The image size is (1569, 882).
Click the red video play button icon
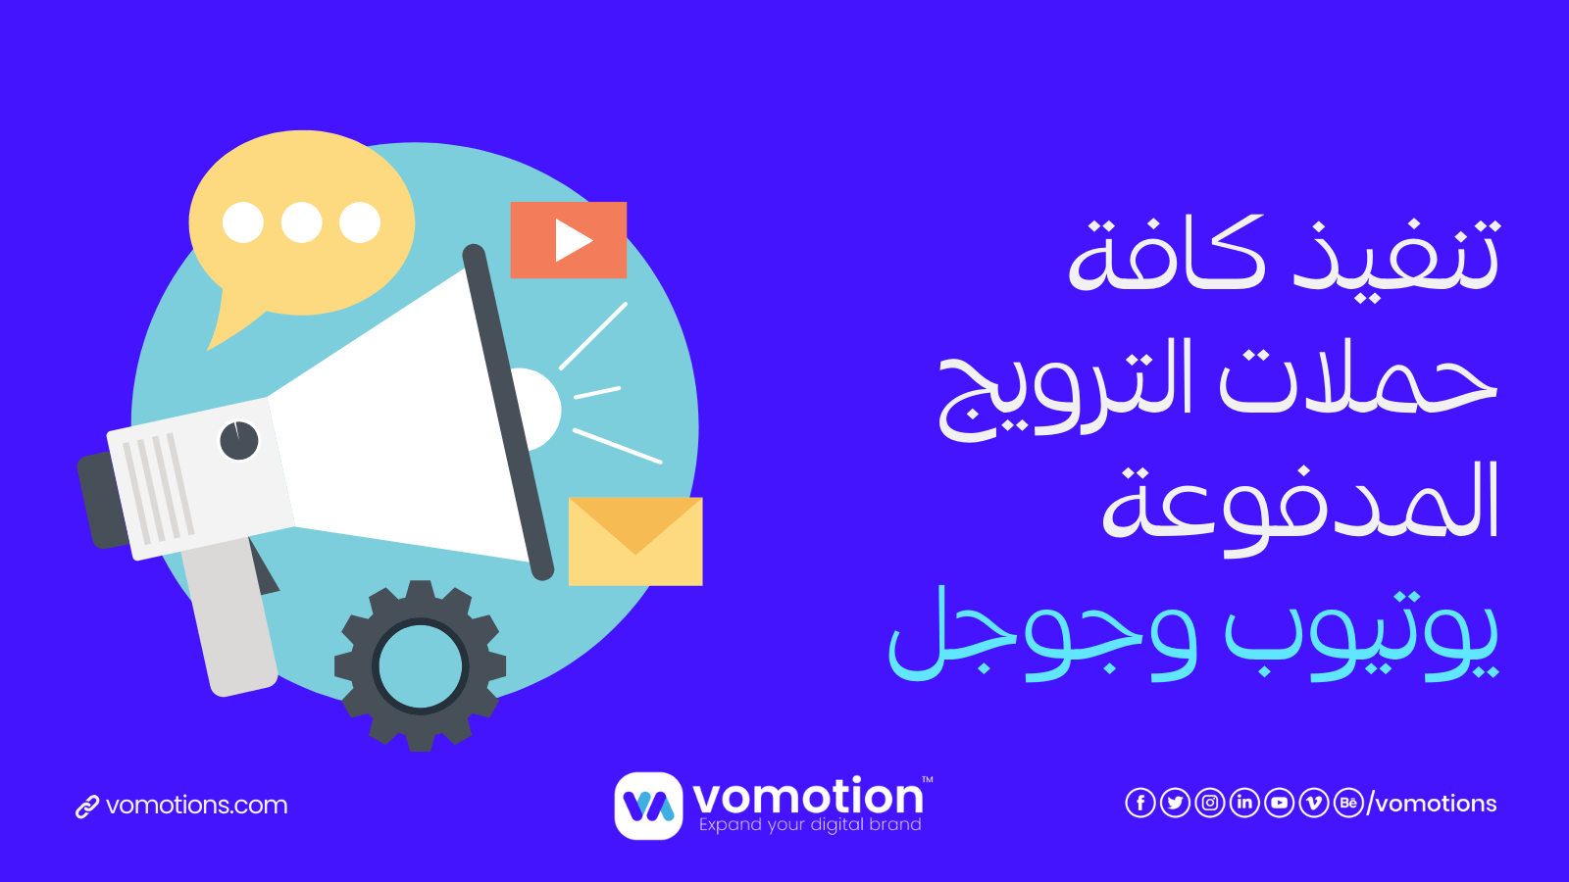[568, 240]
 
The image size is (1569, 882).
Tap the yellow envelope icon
[635, 541]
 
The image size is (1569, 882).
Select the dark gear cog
[420, 665]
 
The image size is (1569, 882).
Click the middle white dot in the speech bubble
[301, 222]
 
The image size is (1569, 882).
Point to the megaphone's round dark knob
[239, 440]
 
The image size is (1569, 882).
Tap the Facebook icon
[1140, 803]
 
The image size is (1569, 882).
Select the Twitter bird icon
[1175, 803]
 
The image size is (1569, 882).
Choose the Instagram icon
[1210, 803]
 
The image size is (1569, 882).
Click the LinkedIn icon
[1244, 803]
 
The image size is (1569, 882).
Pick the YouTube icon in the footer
[1279, 803]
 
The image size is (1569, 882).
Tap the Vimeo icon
[1313, 803]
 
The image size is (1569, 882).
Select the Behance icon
[1348, 803]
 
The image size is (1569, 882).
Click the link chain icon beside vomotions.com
[87, 807]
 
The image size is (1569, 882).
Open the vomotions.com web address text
[197, 805]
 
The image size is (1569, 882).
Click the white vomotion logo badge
[648, 806]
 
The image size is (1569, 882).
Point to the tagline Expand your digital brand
[810, 824]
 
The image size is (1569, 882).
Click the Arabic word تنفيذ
[1396, 255]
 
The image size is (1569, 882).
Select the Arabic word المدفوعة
[1300, 508]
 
